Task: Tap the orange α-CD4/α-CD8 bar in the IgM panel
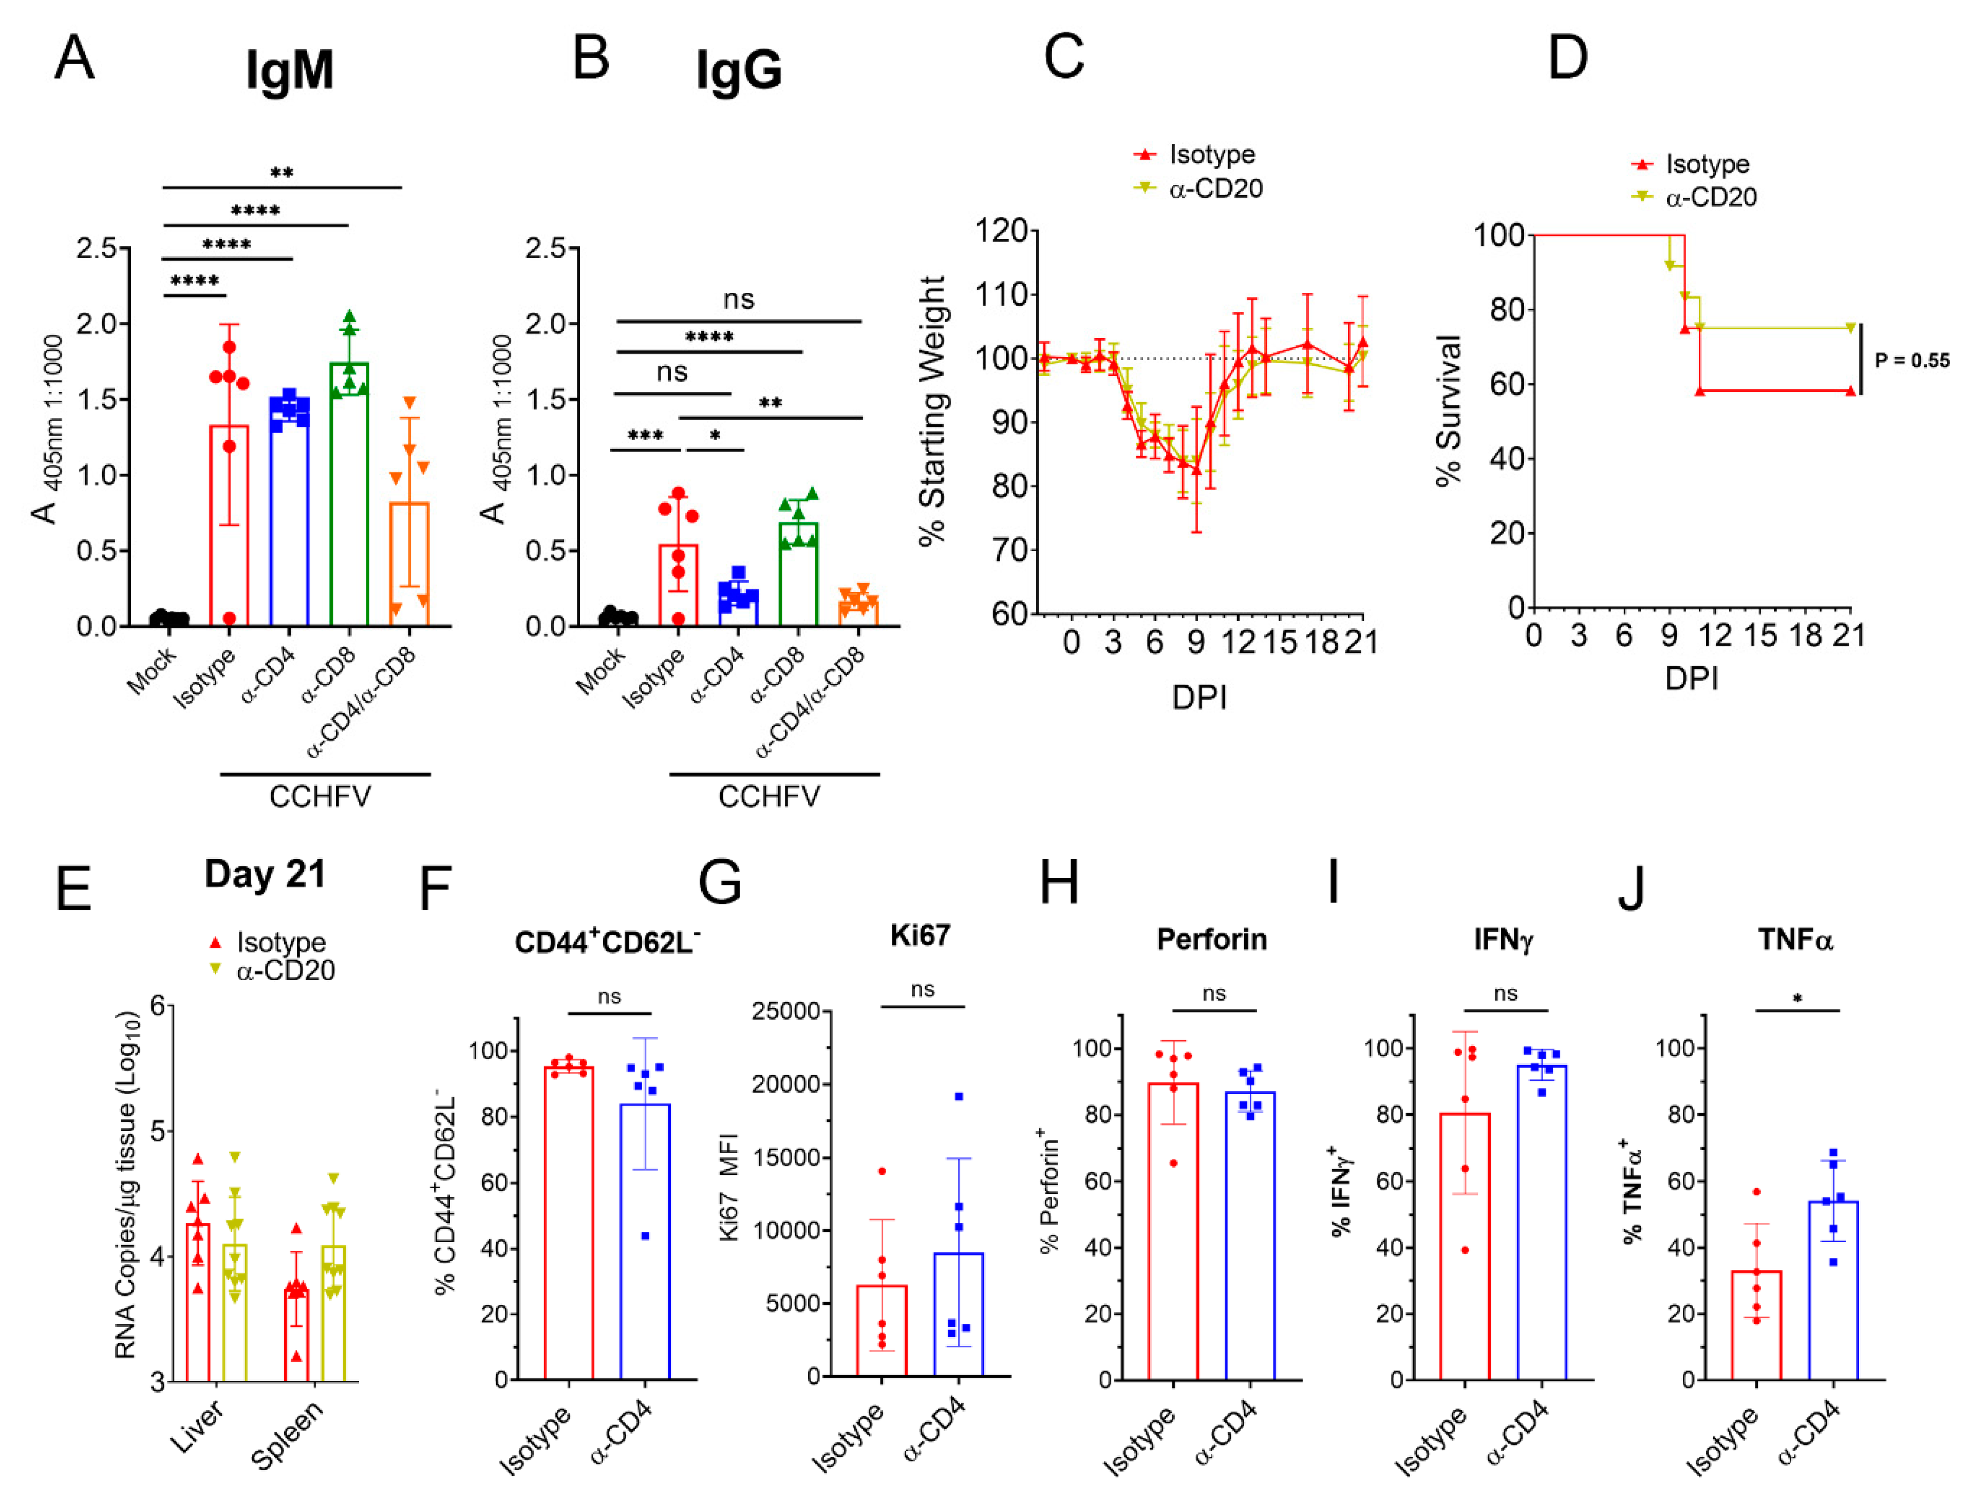pyautogui.click(x=409, y=564)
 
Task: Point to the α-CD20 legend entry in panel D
pyautogui.click(x=1710, y=197)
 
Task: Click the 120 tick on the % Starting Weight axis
pyautogui.click(x=1002, y=231)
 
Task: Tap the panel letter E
pyautogui.click(x=73, y=889)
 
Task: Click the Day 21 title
pyautogui.click(x=266, y=874)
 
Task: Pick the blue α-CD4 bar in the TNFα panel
pyautogui.click(x=1832, y=1290)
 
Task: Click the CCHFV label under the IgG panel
pyautogui.click(x=769, y=796)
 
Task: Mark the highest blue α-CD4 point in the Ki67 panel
pyautogui.click(x=959, y=1096)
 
